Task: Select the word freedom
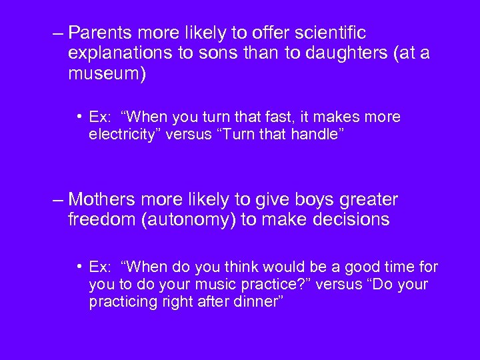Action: pyautogui.click(x=101, y=220)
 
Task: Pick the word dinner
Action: pyautogui.click(x=255, y=301)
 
